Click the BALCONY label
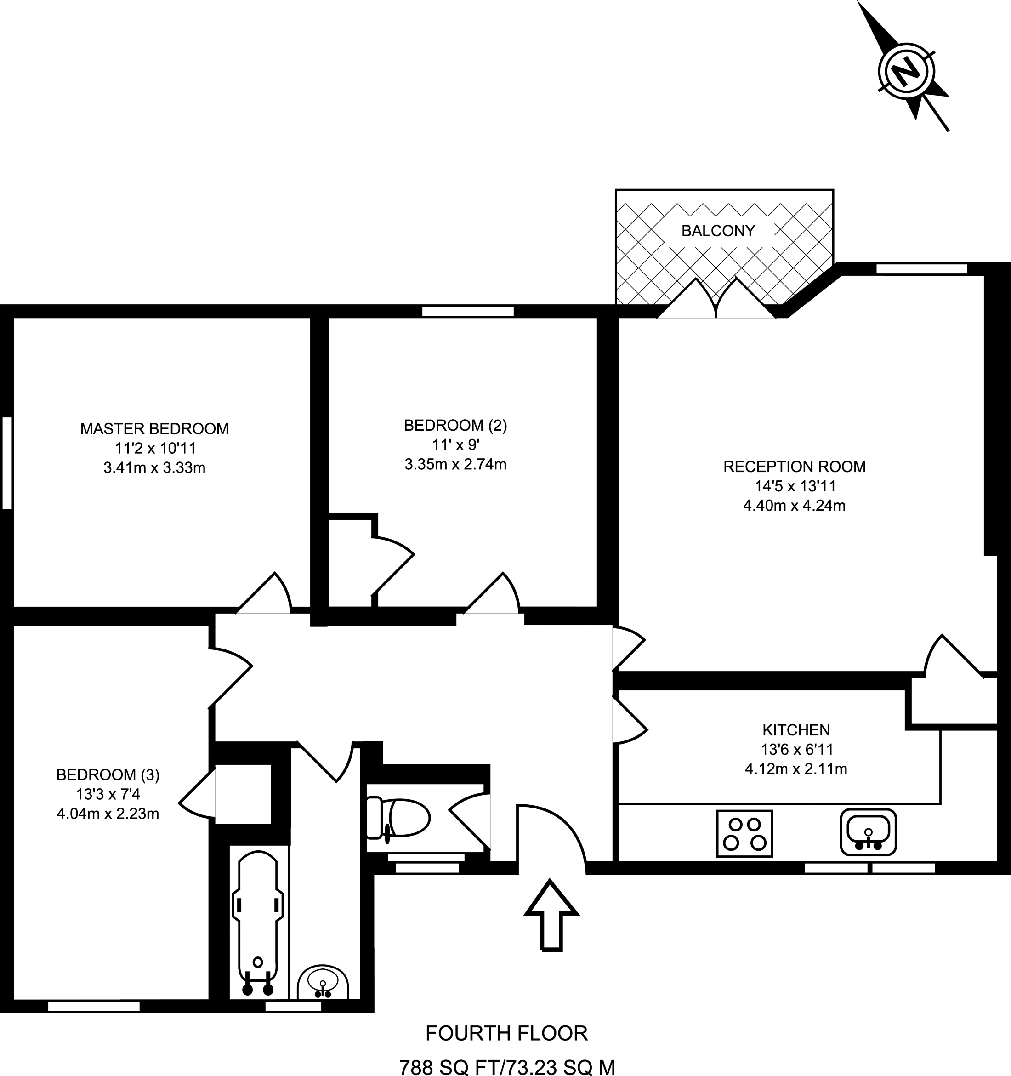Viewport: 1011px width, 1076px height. click(718, 231)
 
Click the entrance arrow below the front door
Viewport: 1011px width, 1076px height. click(551, 915)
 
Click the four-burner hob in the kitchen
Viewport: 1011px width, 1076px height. click(744, 833)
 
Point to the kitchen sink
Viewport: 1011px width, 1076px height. click(868, 832)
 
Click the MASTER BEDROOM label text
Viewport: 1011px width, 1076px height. click(154, 429)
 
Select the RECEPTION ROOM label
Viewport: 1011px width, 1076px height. click(794, 467)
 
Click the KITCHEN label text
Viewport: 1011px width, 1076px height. click(795, 730)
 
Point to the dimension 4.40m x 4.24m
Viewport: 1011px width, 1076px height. click(794, 506)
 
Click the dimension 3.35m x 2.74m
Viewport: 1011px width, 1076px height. click(455, 464)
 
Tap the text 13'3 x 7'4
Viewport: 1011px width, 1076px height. click(108, 795)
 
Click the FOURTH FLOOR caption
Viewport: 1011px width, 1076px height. click(506, 1033)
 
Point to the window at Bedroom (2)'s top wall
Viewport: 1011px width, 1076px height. click(468, 311)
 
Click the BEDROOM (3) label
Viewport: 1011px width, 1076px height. click(108, 775)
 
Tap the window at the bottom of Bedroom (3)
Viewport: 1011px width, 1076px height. click(94, 1006)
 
